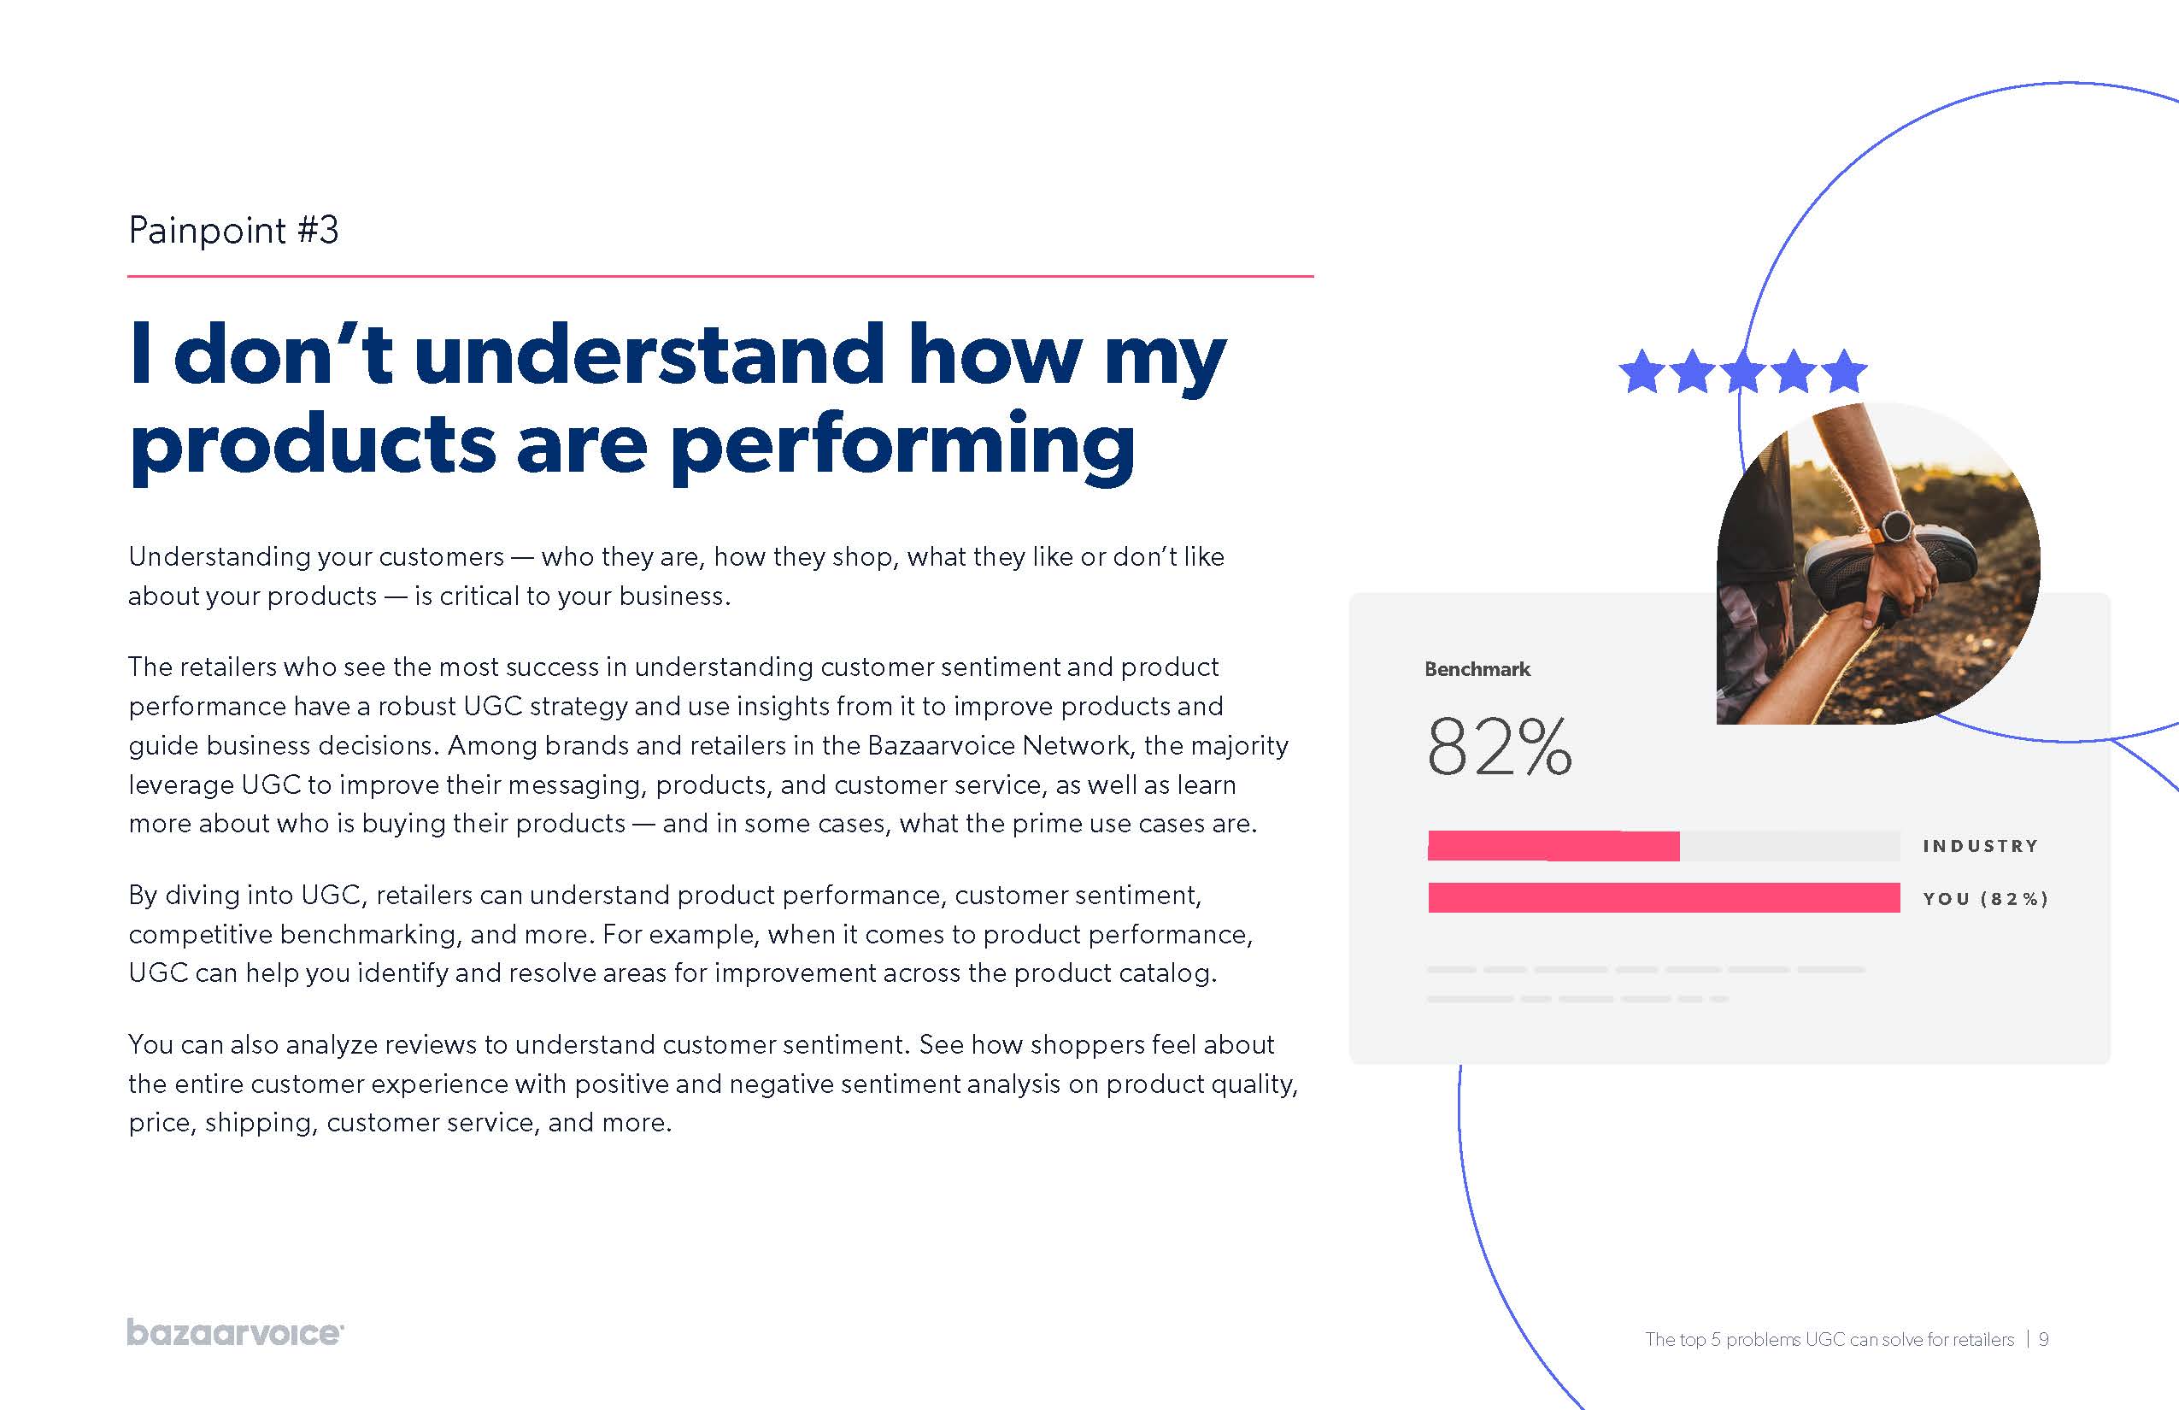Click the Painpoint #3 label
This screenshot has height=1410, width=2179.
233,230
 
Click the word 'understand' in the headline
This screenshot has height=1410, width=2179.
650,355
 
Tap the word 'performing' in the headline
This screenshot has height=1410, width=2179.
902,447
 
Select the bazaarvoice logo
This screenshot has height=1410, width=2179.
235,1332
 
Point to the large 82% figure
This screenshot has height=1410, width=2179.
1500,746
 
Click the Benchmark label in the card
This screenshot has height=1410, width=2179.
1477,669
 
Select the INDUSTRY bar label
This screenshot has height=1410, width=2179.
1981,846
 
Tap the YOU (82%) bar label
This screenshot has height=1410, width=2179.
1985,898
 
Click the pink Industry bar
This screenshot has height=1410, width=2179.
1553,846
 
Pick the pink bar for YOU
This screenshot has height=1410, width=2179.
1664,897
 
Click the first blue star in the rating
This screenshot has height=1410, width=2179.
1642,372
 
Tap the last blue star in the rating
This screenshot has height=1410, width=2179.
1844,372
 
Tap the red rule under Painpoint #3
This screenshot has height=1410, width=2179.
720,275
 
